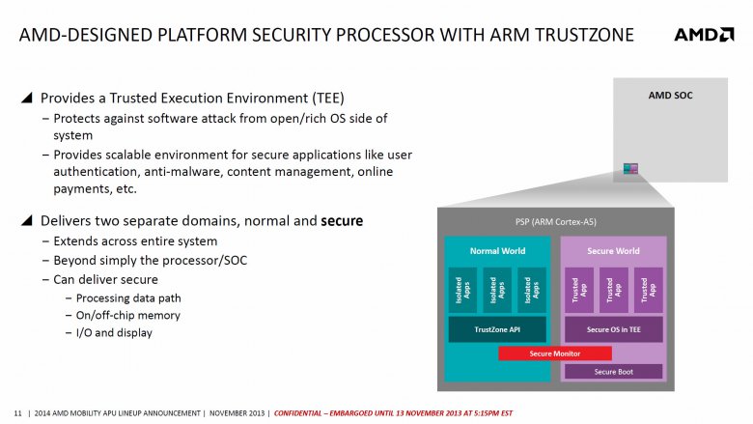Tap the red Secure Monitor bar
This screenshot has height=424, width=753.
tap(554, 353)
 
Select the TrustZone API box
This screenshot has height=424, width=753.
tap(496, 329)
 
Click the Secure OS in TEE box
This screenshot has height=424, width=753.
tap(613, 329)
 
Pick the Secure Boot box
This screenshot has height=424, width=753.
tap(613, 371)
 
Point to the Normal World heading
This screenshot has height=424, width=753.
tap(496, 250)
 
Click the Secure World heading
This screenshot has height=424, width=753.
tap(613, 250)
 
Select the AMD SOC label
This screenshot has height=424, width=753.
tap(670, 96)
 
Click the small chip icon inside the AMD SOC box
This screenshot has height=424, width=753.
tap(630, 169)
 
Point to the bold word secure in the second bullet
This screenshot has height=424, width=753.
tap(342, 221)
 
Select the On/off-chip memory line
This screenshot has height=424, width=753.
tap(127, 315)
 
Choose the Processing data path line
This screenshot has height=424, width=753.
tap(127, 297)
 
